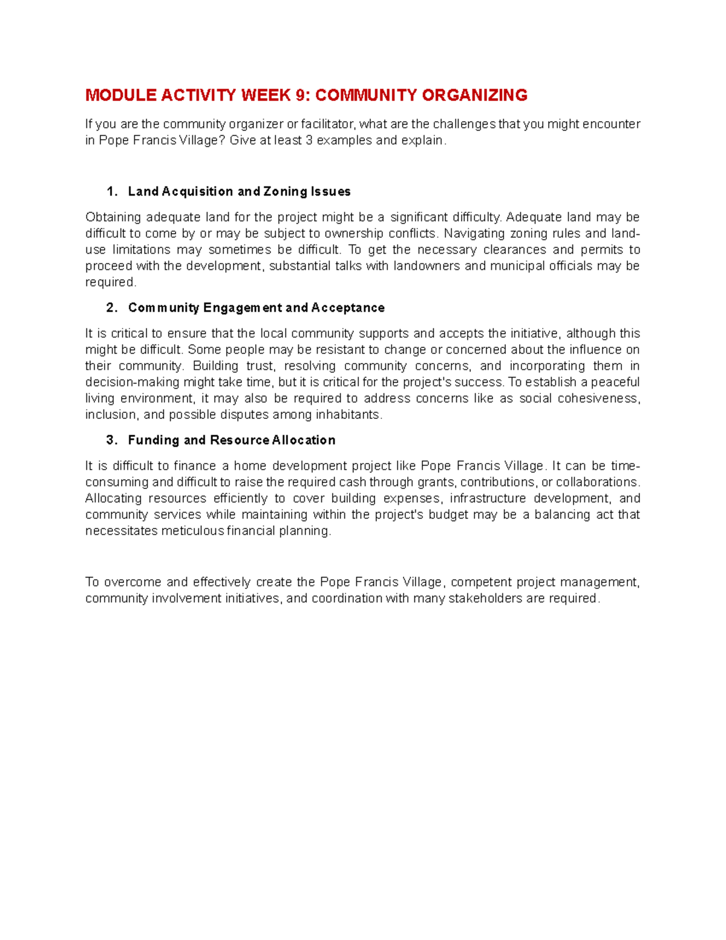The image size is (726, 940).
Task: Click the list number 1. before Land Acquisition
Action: click(x=112, y=192)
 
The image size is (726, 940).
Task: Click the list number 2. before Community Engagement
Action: click(x=112, y=308)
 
